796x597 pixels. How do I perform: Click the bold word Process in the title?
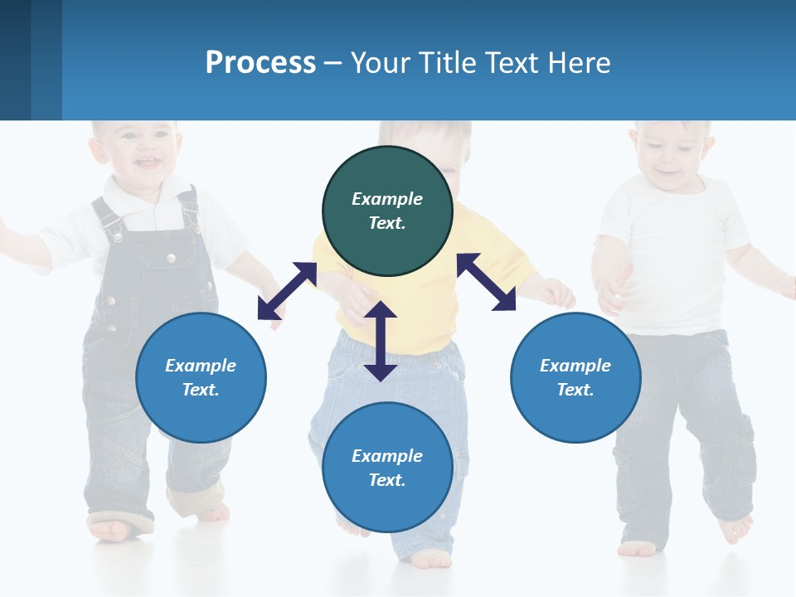(260, 63)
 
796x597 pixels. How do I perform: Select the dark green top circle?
(387, 211)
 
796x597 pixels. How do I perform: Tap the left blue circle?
(201, 377)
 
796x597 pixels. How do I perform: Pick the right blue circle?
(575, 377)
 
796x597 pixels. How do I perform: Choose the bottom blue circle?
(387, 468)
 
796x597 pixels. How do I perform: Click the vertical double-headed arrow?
(381, 341)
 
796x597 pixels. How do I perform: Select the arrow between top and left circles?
(287, 290)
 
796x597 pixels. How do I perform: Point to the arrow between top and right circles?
(486, 282)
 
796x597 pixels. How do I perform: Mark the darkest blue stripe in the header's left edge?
(15, 60)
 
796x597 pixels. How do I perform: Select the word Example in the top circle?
(387, 199)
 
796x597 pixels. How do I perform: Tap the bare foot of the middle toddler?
(431, 559)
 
